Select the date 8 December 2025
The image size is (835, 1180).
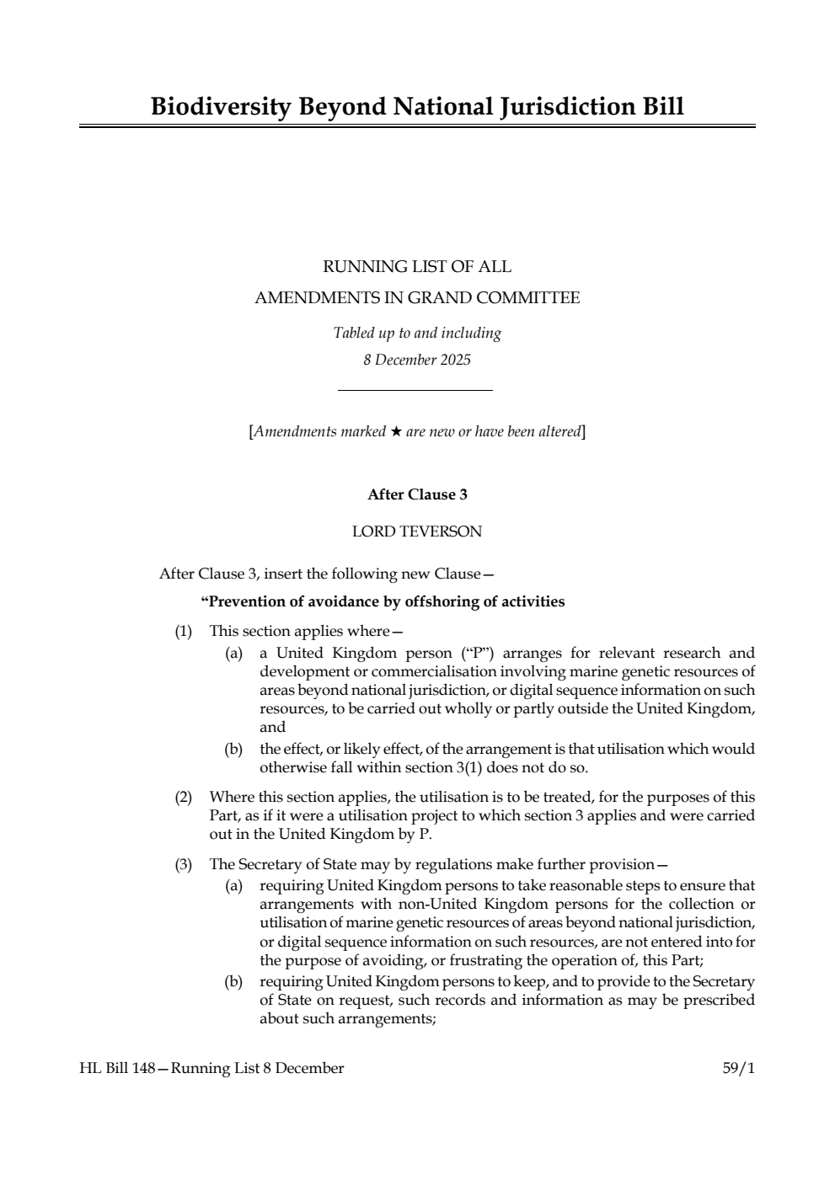(417, 360)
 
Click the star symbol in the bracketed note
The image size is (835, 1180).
(395, 432)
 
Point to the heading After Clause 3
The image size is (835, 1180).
(417, 495)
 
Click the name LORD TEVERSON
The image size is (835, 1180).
(417, 531)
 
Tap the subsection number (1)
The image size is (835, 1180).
(183, 631)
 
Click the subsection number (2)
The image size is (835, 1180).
(183, 797)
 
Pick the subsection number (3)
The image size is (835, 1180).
(183, 864)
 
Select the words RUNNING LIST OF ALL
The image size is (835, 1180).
(417, 267)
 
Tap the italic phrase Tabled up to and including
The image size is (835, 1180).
(417, 333)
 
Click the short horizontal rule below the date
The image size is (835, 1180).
(415, 390)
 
